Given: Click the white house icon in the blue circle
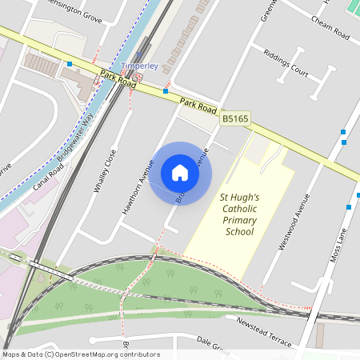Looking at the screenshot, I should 180,173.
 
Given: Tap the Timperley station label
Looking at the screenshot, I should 139,66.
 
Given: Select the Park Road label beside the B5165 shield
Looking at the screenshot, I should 198,104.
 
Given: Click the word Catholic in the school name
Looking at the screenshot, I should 238,209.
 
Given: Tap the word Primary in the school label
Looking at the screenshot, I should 238,220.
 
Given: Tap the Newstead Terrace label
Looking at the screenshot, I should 265,332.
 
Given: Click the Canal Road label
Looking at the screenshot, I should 48,178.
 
